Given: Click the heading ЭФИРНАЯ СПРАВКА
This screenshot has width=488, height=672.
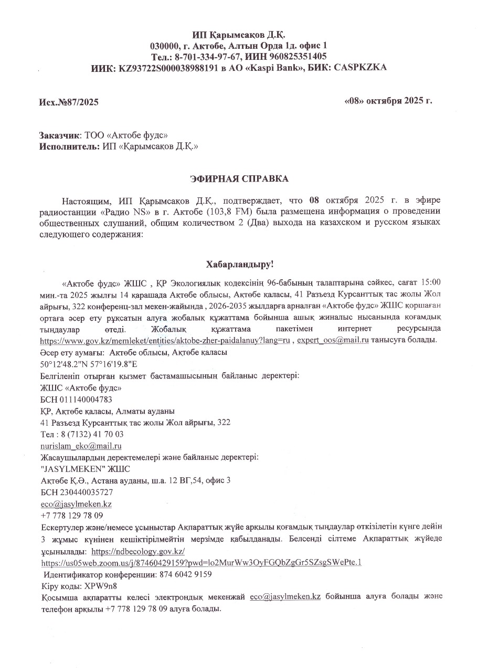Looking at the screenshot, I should click(239, 179).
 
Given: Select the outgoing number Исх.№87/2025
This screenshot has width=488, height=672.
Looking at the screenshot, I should click(69, 102).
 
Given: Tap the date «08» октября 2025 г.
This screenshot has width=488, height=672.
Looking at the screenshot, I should click(388, 100).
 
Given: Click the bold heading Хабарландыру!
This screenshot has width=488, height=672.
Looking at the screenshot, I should click(239, 263).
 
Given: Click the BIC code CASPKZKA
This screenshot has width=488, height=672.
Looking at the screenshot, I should click(357, 68).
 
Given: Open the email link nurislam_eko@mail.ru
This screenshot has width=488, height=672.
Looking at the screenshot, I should click(81, 446).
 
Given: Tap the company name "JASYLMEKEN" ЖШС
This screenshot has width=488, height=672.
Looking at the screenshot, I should click(85, 469).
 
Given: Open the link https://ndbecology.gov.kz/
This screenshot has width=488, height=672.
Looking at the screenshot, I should click(138, 551).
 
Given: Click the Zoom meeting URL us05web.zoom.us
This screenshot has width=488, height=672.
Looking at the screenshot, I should click(200, 562).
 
